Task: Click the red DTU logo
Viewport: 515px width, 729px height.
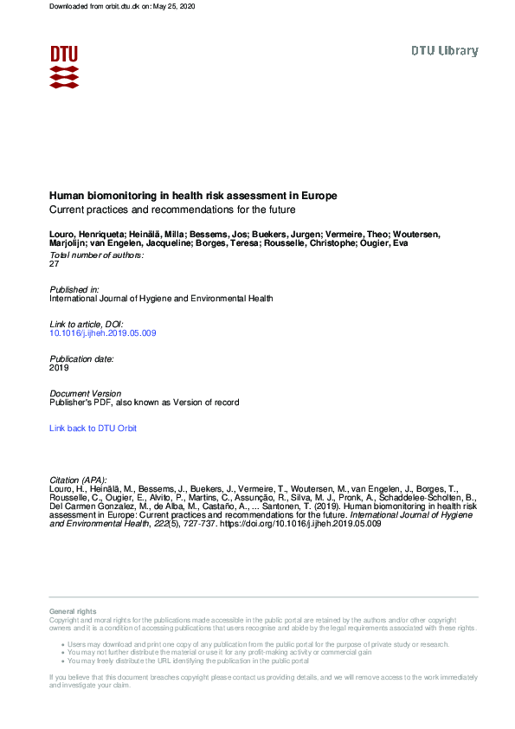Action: (x=64, y=66)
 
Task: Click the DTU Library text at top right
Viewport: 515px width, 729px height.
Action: (x=444, y=51)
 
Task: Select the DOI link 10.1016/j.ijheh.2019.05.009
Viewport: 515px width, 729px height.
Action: (x=103, y=332)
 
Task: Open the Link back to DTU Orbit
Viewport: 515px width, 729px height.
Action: (x=93, y=429)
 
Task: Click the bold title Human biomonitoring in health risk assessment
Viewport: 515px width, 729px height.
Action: (x=193, y=196)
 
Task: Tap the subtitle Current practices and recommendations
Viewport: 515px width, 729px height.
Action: (x=172, y=210)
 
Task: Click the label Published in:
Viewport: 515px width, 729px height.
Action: (x=74, y=289)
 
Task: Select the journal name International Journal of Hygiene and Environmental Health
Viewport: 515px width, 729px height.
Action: (x=161, y=298)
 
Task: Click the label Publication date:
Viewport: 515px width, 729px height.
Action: (x=82, y=358)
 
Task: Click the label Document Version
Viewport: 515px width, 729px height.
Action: (x=86, y=394)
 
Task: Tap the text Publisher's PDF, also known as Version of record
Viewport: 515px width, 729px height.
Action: (x=145, y=403)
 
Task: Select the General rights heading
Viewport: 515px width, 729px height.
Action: (x=73, y=612)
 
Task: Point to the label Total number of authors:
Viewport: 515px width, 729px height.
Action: (x=96, y=255)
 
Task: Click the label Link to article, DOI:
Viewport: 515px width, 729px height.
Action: (x=87, y=324)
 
